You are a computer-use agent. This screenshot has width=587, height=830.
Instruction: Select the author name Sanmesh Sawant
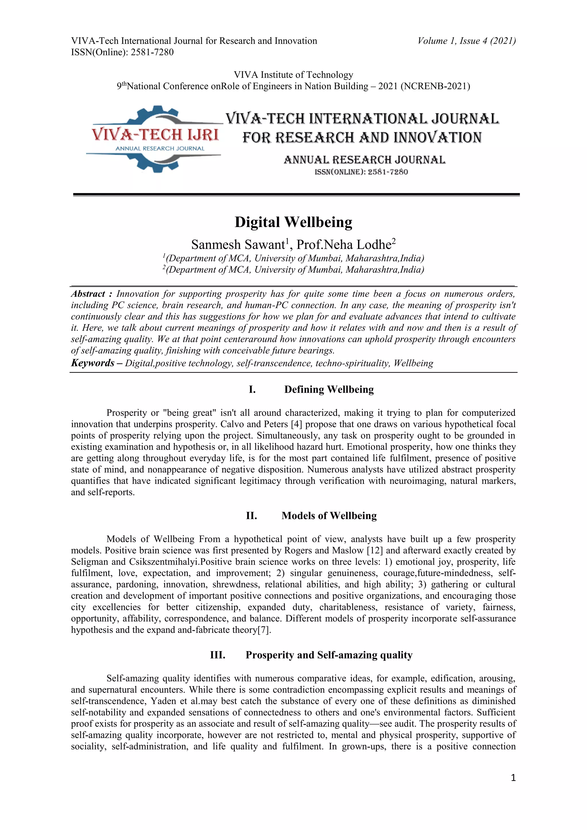238,245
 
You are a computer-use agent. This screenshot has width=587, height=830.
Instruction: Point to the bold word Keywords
93,363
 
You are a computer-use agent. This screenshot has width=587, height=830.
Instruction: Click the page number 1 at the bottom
513,778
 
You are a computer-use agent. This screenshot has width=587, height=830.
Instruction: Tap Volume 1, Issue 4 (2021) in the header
466,41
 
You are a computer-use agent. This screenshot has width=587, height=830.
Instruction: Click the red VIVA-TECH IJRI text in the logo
155,135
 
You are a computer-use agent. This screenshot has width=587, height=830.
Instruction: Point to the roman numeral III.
218,655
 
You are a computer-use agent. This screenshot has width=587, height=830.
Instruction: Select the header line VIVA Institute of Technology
293,75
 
